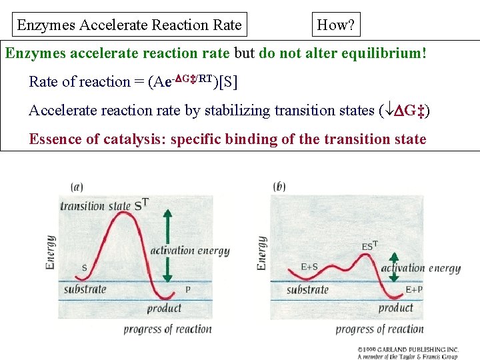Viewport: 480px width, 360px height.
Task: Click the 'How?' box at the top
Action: pos(337,25)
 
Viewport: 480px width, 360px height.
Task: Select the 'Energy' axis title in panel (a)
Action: pos(51,252)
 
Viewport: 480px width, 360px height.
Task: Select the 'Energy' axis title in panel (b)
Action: pos(262,253)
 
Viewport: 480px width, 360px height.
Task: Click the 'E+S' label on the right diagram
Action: pos(309,267)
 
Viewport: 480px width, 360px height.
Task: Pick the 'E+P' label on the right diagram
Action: pos(413,290)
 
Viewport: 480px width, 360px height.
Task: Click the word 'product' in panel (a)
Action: pos(164,308)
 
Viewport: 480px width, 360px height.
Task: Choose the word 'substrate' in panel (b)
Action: pos(308,290)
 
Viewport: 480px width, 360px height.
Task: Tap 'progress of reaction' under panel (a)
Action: pos(167,329)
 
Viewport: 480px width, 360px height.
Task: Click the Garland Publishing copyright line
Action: pos(408,349)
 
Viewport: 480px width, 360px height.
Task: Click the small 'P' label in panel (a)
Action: pos(187,290)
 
